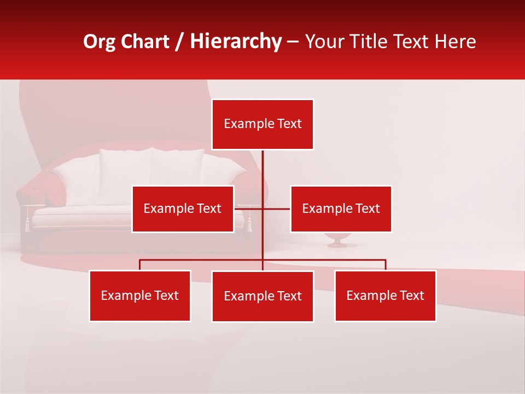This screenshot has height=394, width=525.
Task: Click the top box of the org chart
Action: click(x=262, y=124)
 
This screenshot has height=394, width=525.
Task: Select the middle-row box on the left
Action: click(x=183, y=208)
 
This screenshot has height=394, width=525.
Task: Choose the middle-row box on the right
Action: click(x=341, y=208)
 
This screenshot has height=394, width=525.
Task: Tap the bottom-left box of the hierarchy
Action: click(x=140, y=296)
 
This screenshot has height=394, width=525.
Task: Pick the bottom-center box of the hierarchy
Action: click(x=262, y=296)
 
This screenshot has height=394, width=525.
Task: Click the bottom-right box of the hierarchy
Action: click(x=385, y=296)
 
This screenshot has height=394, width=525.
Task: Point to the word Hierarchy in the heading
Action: click(x=235, y=42)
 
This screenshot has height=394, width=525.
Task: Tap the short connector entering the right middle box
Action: click(x=277, y=208)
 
